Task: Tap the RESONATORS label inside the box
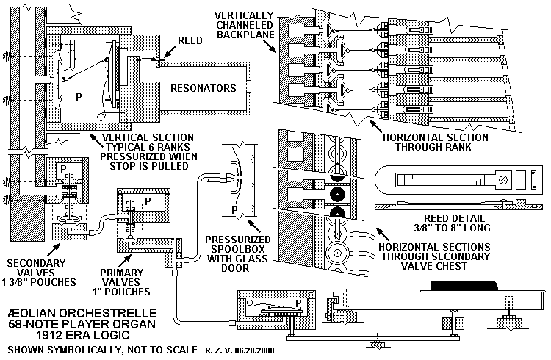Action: [203, 89]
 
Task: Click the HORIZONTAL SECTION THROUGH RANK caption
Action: [434, 141]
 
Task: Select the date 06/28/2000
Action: [253, 350]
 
